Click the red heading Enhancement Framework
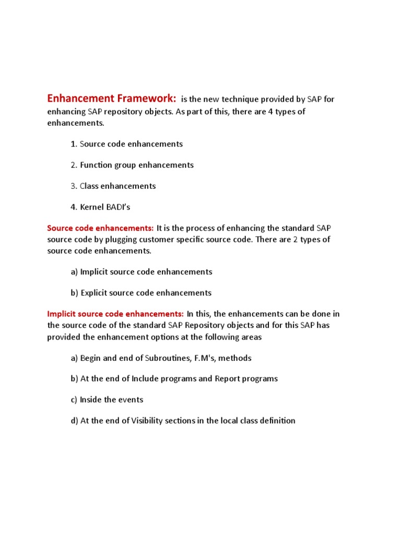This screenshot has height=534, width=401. (x=112, y=99)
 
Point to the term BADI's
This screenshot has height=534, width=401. (x=119, y=207)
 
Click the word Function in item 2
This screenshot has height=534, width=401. (x=96, y=165)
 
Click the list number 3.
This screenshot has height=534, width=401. (x=73, y=186)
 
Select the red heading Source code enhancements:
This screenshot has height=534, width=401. (x=100, y=228)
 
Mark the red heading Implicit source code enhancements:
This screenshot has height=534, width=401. (x=115, y=314)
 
